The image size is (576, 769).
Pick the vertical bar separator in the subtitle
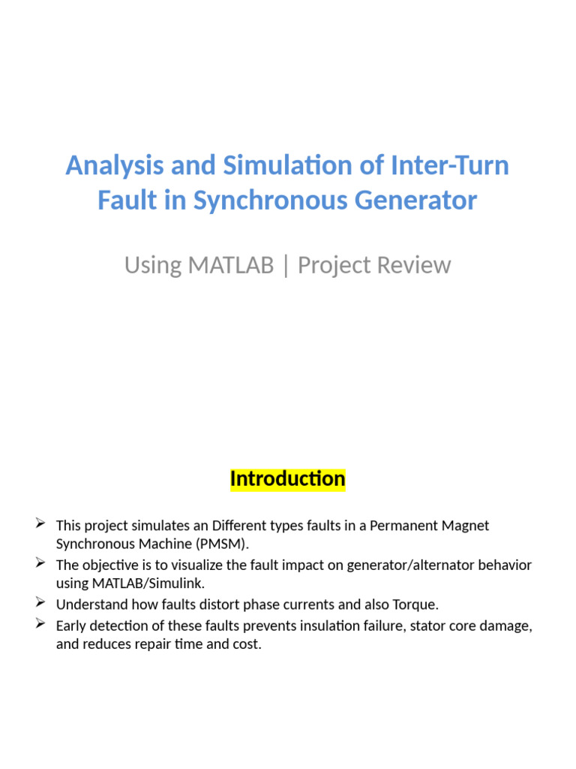(x=286, y=265)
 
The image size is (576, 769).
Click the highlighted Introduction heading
(x=288, y=478)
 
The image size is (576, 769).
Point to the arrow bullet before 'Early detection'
(x=41, y=623)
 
